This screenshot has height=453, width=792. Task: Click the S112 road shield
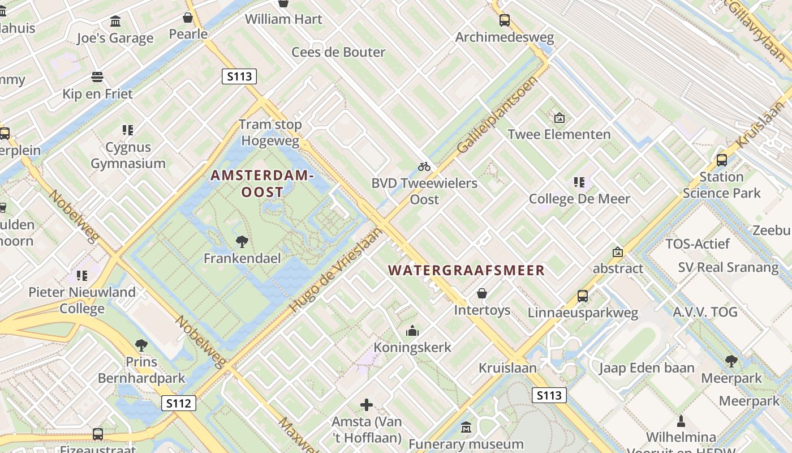point(179,403)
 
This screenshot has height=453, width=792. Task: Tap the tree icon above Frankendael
point(242,242)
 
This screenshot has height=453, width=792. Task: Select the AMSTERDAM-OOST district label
point(262,184)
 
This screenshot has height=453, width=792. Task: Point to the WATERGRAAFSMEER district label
point(467,271)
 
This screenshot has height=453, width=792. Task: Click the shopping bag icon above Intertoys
point(482,293)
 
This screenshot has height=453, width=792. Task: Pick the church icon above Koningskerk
point(412,331)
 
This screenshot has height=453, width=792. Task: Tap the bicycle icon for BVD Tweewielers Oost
point(424,166)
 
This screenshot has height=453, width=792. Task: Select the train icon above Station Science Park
point(722,160)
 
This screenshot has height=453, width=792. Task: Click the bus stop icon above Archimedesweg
point(505,20)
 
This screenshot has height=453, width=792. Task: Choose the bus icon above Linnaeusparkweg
point(583,296)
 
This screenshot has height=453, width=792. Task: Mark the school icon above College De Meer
point(579,182)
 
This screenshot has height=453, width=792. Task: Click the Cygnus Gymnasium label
point(128,156)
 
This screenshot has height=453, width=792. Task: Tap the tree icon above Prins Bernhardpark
point(141,345)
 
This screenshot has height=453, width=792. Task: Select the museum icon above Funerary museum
point(466,427)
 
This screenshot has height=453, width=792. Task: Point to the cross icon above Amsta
point(367,404)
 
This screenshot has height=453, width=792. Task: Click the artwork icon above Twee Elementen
point(559,118)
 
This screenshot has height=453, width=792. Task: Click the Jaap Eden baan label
point(647,368)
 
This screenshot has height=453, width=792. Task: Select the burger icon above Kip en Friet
point(97,77)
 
